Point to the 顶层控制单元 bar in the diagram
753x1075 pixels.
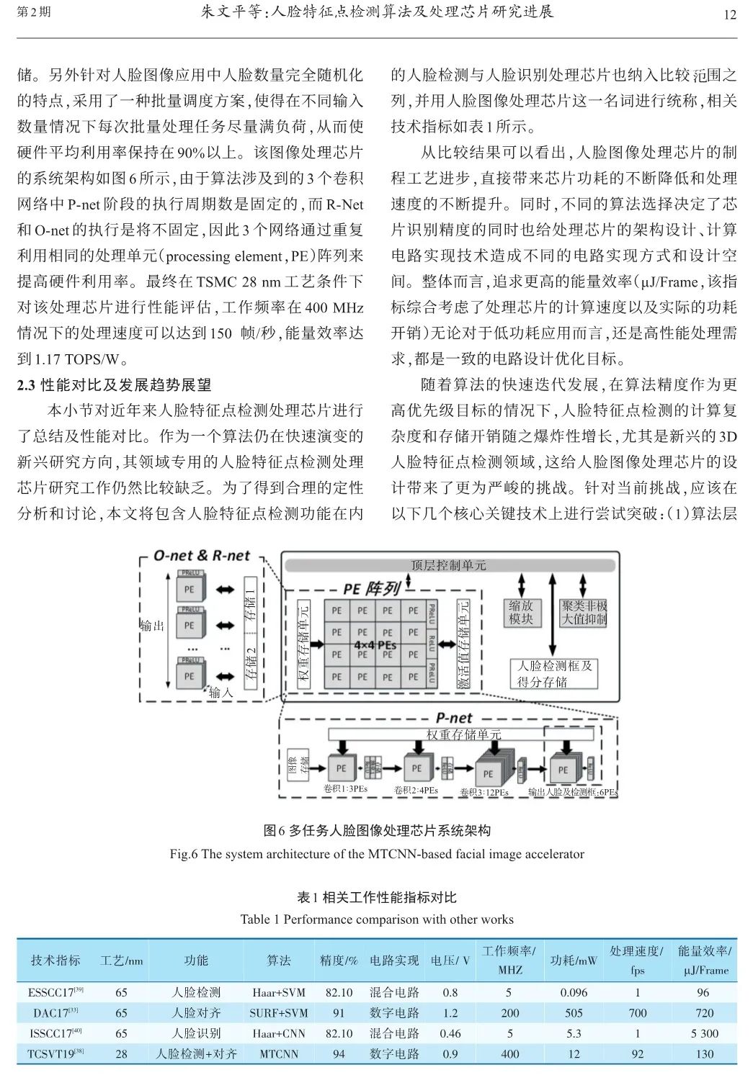[448, 565]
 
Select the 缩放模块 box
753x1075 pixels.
[520, 613]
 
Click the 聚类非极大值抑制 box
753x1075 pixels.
[584, 613]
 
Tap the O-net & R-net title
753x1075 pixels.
[202, 555]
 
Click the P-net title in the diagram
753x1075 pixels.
[454, 718]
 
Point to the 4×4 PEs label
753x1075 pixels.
[375, 644]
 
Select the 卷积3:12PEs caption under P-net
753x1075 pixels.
[484, 793]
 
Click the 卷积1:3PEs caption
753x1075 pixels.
[346, 789]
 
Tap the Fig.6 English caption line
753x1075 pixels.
[376, 854]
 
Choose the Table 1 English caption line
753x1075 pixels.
[376, 919]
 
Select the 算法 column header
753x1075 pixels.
[278, 961]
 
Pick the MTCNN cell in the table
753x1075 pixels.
[278, 1054]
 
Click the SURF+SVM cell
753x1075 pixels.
[278, 1013]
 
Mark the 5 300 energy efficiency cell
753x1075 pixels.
[704, 1033]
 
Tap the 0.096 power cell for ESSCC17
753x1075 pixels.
[574, 992]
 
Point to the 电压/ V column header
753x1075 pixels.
[450, 961]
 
